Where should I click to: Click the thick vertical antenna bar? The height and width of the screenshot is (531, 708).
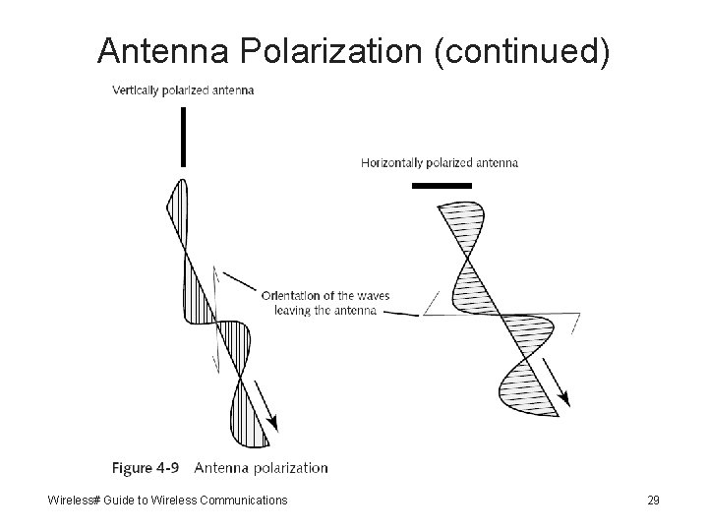[183, 137]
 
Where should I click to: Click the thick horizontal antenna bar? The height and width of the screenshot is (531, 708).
[442, 184]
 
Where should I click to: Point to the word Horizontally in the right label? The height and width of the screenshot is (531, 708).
[390, 163]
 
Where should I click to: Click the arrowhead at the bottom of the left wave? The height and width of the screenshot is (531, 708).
[272, 423]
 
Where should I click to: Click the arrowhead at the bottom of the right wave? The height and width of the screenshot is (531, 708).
[565, 398]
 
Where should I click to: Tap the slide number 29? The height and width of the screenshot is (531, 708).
[653, 501]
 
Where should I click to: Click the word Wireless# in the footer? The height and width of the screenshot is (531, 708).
[76, 501]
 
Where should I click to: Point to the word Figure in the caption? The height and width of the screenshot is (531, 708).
[131, 467]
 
